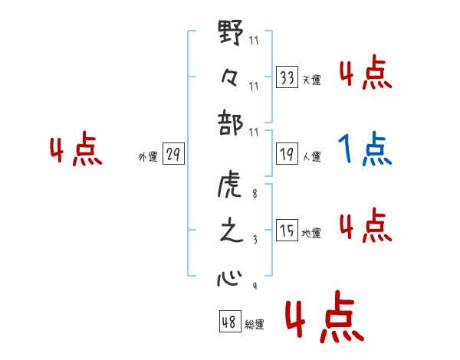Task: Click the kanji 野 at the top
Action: point(230,34)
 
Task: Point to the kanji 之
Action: point(230,231)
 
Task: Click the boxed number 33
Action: point(287,77)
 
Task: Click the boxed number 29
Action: point(172,155)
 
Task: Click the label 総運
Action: point(254,325)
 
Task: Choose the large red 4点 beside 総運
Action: point(322,320)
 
